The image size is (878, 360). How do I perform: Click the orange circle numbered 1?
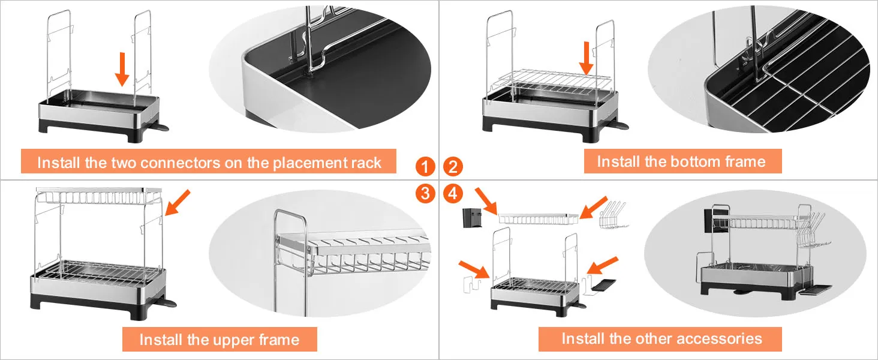point(425,166)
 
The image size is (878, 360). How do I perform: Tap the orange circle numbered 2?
point(453,166)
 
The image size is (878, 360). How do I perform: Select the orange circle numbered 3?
point(425,193)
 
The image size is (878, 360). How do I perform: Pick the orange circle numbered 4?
point(453,193)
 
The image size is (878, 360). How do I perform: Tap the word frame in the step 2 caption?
point(746,161)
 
